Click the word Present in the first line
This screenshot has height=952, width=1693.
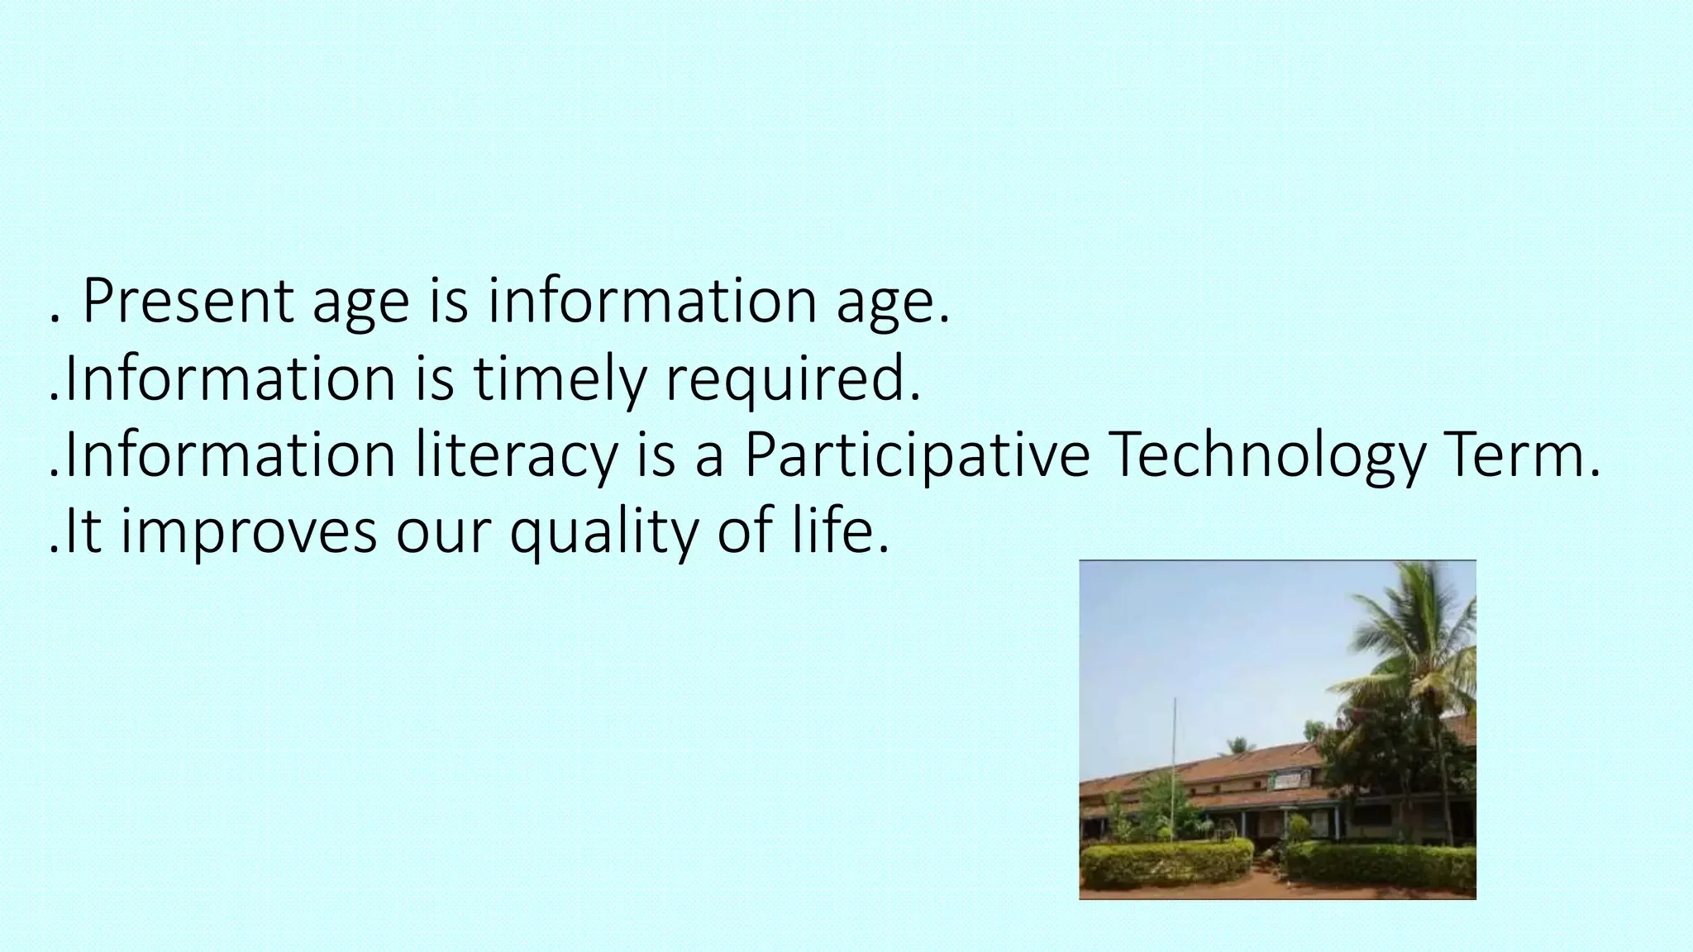click(x=188, y=302)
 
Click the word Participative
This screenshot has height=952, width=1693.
click(x=917, y=456)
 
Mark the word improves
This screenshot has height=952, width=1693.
click(x=249, y=532)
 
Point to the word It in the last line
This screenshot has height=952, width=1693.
click(x=82, y=532)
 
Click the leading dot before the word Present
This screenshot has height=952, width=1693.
click(x=55, y=318)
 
